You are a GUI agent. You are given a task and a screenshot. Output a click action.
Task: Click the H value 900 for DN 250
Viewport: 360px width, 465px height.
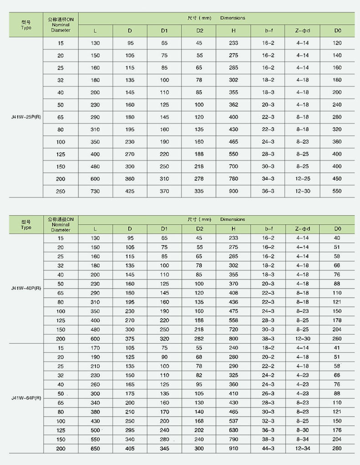pyautogui.click(x=233, y=191)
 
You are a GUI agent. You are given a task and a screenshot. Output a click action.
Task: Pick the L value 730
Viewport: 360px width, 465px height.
pyautogui.click(x=95, y=191)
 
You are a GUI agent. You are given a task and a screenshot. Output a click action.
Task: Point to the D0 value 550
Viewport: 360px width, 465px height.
pyautogui.click(x=337, y=191)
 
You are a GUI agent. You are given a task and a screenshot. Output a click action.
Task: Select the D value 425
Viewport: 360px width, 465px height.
pyautogui.click(x=130, y=191)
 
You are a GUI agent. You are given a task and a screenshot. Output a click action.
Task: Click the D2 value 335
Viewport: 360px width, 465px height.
pyautogui.click(x=199, y=191)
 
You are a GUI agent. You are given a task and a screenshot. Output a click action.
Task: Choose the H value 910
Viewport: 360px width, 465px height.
pyautogui.click(x=233, y=449)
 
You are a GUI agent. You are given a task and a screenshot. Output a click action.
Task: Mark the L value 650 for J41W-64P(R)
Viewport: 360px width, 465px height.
pyautogui.click(x=95, y=449)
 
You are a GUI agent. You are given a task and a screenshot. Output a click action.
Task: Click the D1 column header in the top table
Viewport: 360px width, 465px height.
pyautogui.click(x=164, y=31)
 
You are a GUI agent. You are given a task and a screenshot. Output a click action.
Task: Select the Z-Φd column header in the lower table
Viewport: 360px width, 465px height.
pyautogui.click(x=303, y=228)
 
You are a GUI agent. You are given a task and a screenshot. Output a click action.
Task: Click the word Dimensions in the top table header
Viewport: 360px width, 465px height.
pyautogui.click(x=232, y=18)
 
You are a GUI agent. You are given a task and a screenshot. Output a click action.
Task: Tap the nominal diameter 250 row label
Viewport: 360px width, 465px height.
pyautogui.click(x=61, y=191)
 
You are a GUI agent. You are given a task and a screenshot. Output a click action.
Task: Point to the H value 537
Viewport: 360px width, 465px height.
pyautogui.click(x=233, y=421)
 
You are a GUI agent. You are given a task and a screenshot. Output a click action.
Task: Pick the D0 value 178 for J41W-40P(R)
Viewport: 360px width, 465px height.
pyautogui.click(x=337, y=320)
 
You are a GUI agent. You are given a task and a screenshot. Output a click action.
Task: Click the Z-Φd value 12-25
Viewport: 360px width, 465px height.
pyautogui.click(x=303, y=179)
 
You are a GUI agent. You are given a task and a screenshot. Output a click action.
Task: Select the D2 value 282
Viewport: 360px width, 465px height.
pyautogui.click(x=199, y=339)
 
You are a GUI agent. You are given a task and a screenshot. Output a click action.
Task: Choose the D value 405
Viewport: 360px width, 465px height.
pyautogui.click(x=130, y=449)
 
